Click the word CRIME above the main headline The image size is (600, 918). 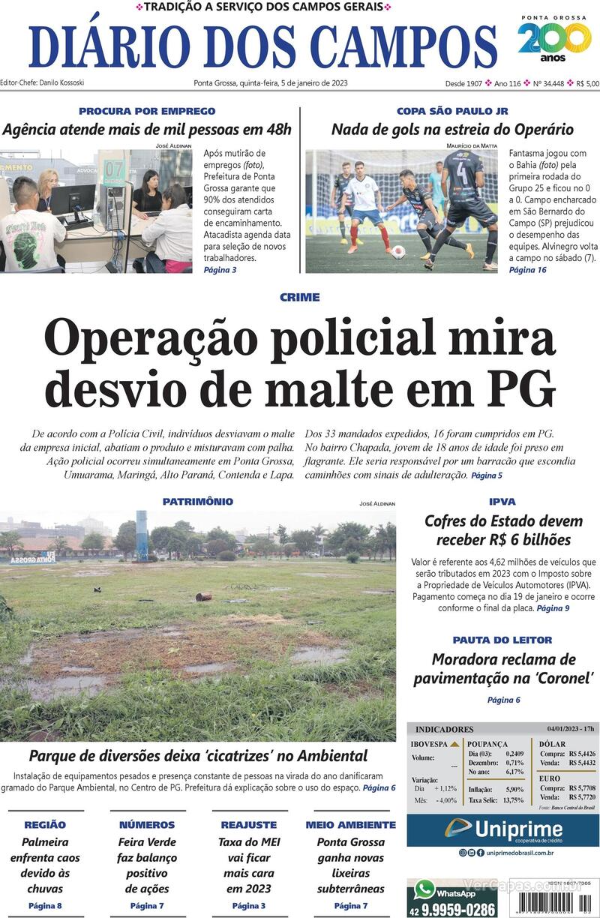coord(299,297)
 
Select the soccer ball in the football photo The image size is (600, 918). coord(398,252)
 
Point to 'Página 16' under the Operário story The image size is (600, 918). coord(527,269)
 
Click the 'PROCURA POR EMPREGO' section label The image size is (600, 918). coord(147,111)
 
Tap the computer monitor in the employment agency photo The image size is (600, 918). coord(73,199)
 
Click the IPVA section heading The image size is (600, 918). coord(502,501)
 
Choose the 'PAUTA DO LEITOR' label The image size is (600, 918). coord(502,640)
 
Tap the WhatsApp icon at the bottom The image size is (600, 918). coord(425,890)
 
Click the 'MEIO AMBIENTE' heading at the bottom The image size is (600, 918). coord(350,824)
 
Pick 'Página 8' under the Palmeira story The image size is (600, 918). coord(45,905)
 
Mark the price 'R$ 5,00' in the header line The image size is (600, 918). coord(587,83)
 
